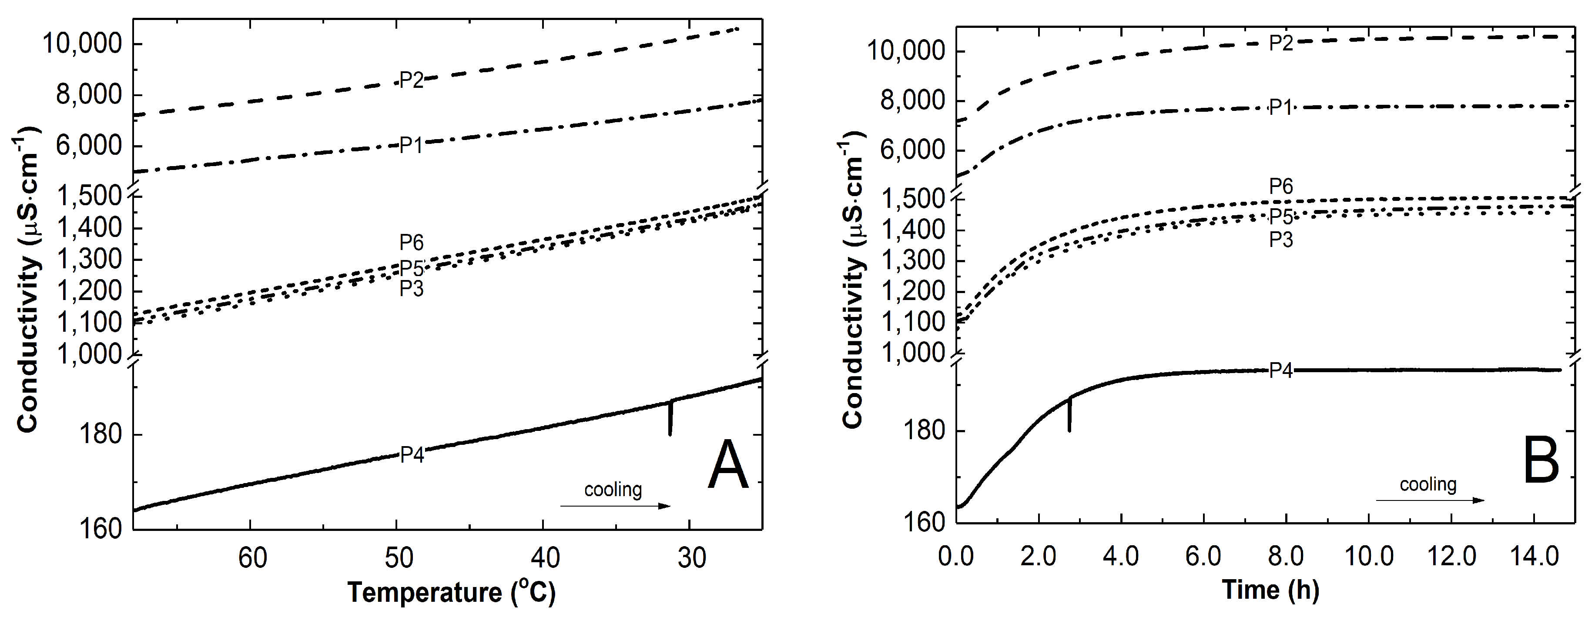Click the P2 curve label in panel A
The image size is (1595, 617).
(411, 80)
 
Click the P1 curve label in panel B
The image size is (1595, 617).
(1281, 108)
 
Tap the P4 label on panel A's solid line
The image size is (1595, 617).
(412, 455)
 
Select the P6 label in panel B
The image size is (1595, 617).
(1281, 186)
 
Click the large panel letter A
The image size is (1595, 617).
(727, 465)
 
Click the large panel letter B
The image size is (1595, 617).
(1541, 461)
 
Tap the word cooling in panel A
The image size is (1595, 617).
(613, 490)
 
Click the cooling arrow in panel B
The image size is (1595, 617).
(1430, 500)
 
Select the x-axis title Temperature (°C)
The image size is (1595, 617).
(451, 592)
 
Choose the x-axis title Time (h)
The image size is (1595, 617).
(1270, 590)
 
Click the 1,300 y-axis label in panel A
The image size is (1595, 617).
(89, 259)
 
